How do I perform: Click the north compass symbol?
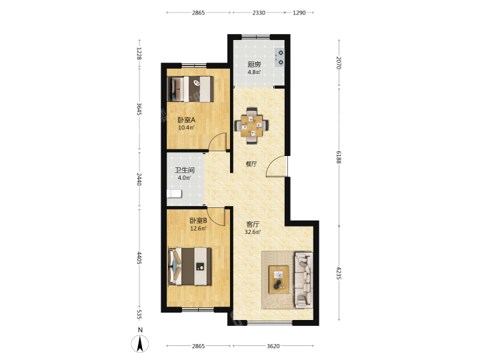click(x=140, y=343)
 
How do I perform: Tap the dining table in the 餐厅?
click(x=251, y=125)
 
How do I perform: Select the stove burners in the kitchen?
click(x=279, y=57)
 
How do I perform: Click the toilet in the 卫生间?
click(x=174, y=194)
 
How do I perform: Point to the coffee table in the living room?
click(x=279, y=279)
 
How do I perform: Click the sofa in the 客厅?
click(x=303, y=279)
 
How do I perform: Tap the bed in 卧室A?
click(x=191, y=89)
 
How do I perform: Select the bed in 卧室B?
click(x=190, y=266)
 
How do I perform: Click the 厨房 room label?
click(x=254, y=65)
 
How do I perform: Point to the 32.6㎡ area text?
click(x=253, y=232)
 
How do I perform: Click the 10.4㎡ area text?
click(x=187, y=127)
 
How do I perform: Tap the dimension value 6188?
click(x=339, y=157)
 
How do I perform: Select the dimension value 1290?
click(x=299, y=13)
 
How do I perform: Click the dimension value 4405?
click(x=139, y=258)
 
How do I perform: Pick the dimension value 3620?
click(x=273, y=346)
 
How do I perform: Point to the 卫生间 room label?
click(x=185, y=170)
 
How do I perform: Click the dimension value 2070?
click(x=339, y=63)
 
